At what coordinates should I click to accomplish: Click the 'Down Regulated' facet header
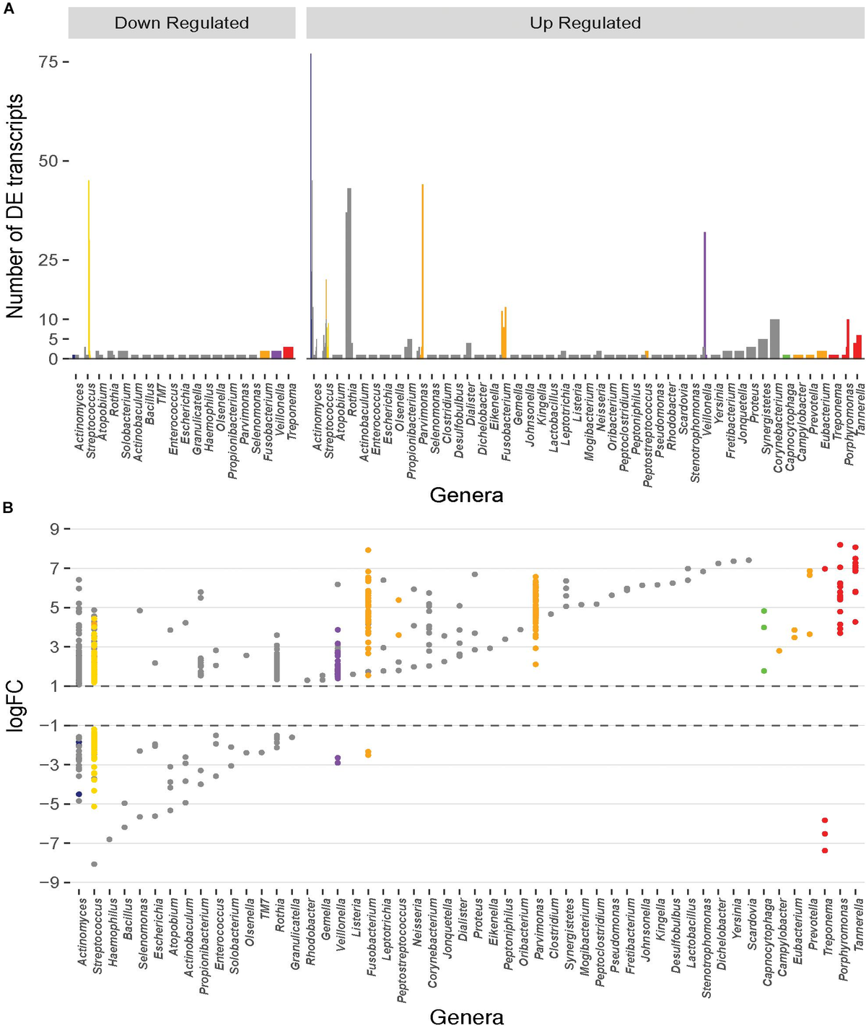pyautogui.click(x=182, y=23)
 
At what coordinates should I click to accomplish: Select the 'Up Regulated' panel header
pyautogui.click(x=585, y=23)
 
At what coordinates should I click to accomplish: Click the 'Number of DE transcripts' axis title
pyautogui.click(x=14, y=206)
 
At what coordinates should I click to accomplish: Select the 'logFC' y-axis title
pyautogui.click(x=14, y=706)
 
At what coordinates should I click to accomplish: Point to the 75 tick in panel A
pyautogui.click(x=48, y=62)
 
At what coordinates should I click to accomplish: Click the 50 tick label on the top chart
pyautogui.click(x=48, y=161)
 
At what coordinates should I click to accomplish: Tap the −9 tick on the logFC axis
pyautogui.click(x=46, y=882)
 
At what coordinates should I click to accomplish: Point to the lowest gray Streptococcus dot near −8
pyautogui.click(x=94, y=864)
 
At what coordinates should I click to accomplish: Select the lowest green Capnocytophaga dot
pyautogui.click(x=764, y=671)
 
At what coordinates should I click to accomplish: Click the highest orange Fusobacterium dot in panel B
pyautogui.click(x=368, y=550)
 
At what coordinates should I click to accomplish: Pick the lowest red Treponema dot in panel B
pyautogui.click(x=825, y=851)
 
